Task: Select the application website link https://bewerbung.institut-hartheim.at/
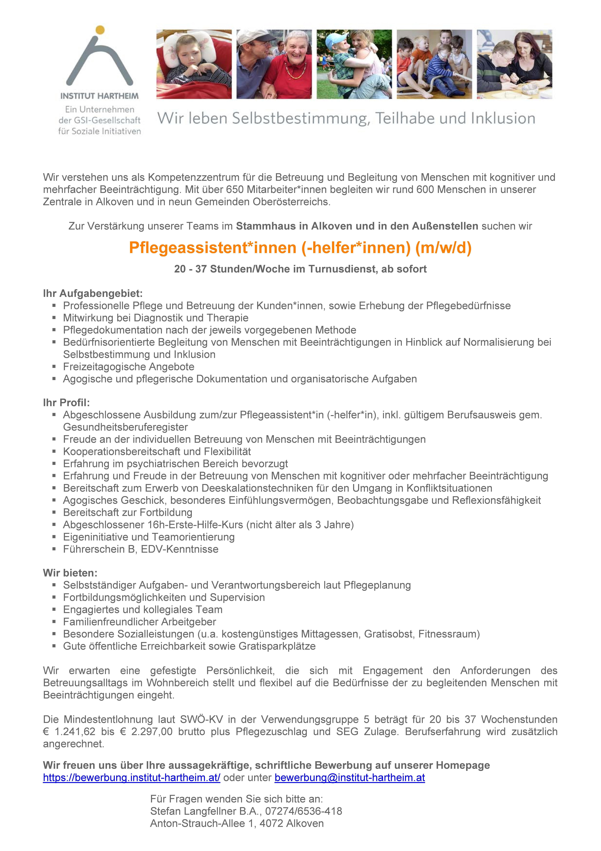coord(131,778)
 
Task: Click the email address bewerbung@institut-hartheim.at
coord(350,778)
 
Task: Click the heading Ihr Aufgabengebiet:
coord(93,294)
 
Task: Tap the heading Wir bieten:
coord(70,573)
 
